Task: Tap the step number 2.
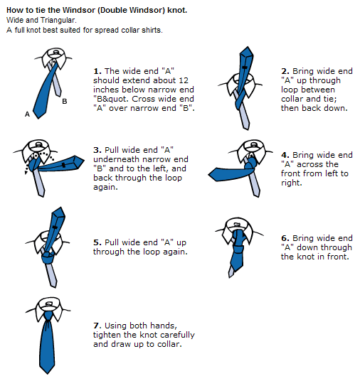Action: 285,71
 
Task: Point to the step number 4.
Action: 285,154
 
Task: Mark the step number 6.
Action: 285,238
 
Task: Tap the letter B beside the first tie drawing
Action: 65,102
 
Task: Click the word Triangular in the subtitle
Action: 58,21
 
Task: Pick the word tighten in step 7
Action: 107,335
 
